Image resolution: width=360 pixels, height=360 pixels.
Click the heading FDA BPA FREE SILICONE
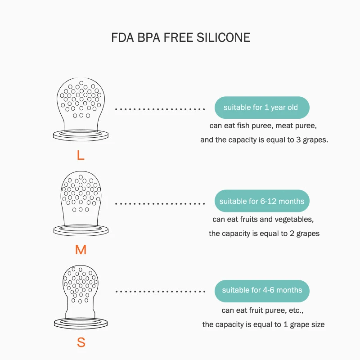pyautogui.click(x=180, y=37)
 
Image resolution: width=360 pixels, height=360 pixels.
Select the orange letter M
pyautogui.click(x=81, y=250)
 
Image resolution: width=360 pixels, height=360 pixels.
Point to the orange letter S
pyautogui.click(x=81, y=342)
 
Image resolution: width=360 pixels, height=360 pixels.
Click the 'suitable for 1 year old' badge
pyautogui.click(x=261, y=108)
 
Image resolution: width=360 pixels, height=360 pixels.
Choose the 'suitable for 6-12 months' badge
pyautogui.click(x=261, y=201)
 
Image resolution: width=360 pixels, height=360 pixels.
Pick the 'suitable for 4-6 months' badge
pyautogui.click(x=261, y=290)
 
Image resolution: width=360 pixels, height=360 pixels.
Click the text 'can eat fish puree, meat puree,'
pyautogui.click(x=264, y=126)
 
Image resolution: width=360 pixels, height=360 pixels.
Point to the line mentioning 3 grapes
pyautogui.click(x=264, y=140)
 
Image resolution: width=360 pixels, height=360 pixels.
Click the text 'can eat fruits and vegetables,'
pyautogui.click(x=263, y=220)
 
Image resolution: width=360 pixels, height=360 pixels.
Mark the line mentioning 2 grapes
pyautogui.click(x=264, y=234)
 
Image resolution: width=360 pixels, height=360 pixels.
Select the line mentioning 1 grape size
pyautogui.click(x=263, y=324)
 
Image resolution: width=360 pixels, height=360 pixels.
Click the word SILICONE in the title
pyautogui.click(x=223, y=37)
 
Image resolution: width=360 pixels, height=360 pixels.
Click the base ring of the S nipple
pyautogui.click(x=81, y=323)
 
